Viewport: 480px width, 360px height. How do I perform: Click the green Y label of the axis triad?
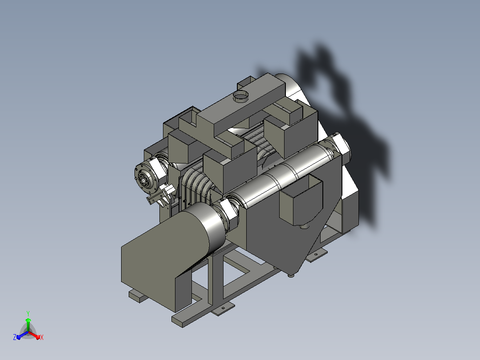[28, 314]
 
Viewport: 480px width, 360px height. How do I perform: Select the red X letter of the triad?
[42, 337]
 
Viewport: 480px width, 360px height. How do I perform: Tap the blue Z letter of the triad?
[15, 337]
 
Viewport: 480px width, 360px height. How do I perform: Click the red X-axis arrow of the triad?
[34, 335]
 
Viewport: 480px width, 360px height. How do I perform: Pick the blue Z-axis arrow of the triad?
[22, 335]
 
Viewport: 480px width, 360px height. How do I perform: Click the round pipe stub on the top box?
[241, 96]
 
